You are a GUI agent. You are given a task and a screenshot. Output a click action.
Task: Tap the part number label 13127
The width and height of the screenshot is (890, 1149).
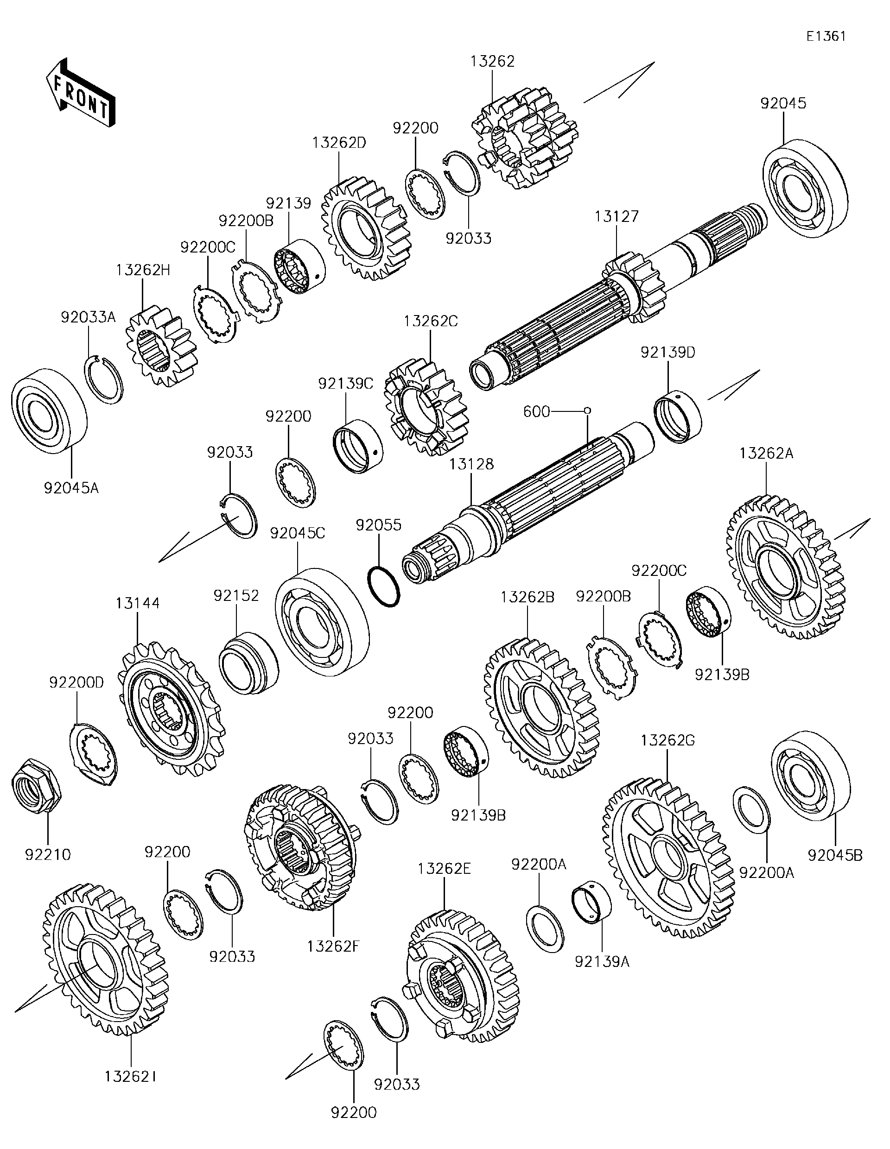(x=617, y=216)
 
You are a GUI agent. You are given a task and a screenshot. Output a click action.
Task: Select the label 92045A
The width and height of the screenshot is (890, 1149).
(x=71, y=488)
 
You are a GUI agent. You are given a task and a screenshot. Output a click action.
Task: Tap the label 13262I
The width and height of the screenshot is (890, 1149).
(x=130, y=1076)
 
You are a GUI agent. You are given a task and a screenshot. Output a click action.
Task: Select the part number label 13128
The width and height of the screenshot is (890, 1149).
(x=471, y=464)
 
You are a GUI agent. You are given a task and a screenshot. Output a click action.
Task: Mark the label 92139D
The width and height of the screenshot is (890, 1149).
(x=667, y=353)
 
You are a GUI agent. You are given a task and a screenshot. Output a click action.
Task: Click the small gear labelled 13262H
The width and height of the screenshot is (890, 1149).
(x=161, y=346)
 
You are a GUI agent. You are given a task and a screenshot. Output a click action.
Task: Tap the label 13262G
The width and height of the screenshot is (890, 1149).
(x=667, y=741)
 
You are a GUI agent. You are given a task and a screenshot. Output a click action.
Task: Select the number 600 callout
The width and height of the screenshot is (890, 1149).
(x=537, y=411)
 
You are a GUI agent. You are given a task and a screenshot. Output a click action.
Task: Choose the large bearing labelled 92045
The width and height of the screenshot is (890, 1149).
(x=805, y=189)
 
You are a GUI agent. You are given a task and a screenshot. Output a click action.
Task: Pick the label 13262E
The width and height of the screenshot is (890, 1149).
(x=444, y=869)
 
